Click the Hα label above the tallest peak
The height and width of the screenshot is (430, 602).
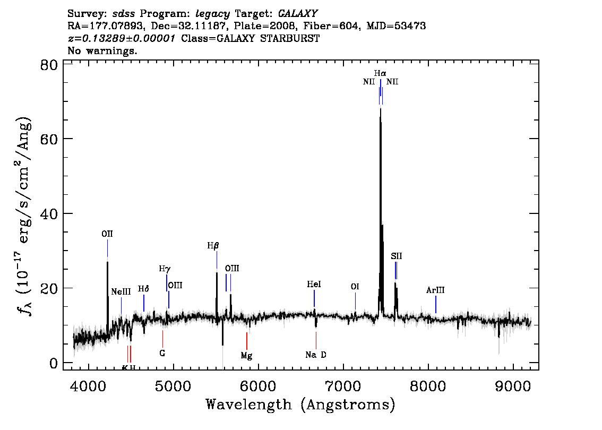tap(380, 73)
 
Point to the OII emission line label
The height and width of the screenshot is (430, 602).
tap(107, 234)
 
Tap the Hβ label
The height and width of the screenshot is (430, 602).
tap(213, 246)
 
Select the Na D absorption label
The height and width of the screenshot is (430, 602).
tap(316, 355)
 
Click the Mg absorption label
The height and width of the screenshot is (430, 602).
tap(246, 356)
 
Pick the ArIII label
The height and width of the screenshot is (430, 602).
tap(435, 290)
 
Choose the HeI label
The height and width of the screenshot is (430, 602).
tap(314, 284)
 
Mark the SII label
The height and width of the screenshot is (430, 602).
tap(397, 256)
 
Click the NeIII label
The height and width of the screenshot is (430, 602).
tap(121, 292)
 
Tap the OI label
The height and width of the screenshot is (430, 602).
tap(355, 287)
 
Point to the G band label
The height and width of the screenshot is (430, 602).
tap(162, 353)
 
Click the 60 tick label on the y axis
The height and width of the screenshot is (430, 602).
tap(49, 139)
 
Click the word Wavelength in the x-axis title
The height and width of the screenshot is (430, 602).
tap(249, 405)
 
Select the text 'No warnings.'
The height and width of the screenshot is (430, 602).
tap(102, 50)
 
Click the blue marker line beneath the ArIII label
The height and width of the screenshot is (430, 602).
tap(436, 305)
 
